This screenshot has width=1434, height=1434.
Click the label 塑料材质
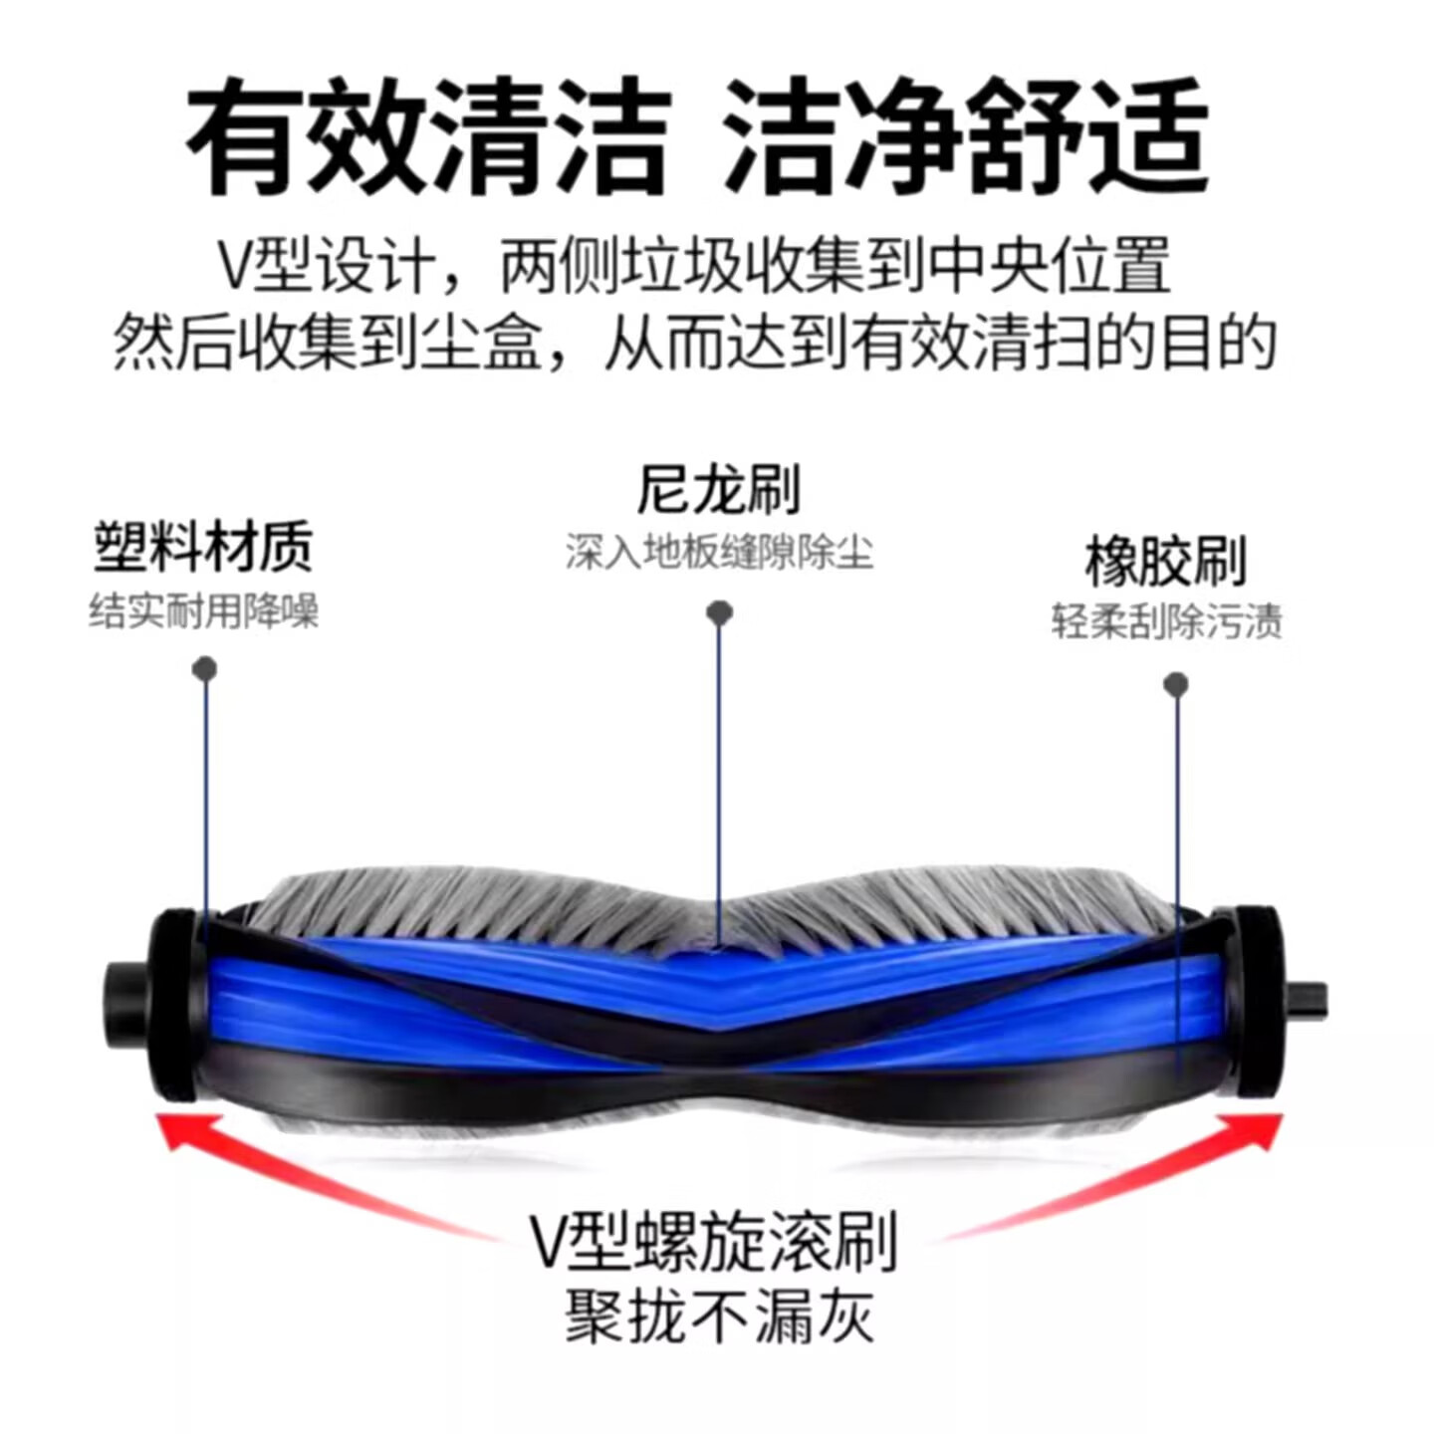click(x=203, y=547)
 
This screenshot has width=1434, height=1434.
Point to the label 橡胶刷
click(x=1165, y=562)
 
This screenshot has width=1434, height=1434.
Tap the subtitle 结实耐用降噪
click(x=203, y=609)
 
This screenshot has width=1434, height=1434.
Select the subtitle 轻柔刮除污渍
click(x=1166, y=621)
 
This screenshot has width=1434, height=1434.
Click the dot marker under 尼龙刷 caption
click(x=719, y=612)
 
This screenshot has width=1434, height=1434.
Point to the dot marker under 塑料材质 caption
click(x=204, y=668)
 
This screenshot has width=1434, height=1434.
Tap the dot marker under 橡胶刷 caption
click(x=1176, y=684)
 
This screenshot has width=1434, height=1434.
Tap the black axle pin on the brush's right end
click(x=1307, y=999)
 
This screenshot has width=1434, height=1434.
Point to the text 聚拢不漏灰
click(x=718, y=1315)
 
